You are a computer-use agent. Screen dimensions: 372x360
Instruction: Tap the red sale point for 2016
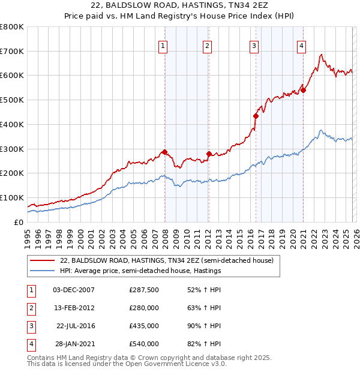256,116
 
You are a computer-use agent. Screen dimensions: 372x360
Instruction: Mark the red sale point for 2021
304,91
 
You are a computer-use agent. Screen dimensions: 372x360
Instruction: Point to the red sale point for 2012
209,154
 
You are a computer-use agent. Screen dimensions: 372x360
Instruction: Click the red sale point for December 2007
164,152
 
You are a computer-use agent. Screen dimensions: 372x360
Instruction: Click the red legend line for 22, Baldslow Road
43,260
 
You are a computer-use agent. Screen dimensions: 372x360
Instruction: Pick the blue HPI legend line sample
43,271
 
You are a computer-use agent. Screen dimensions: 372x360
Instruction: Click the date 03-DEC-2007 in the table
74,290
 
